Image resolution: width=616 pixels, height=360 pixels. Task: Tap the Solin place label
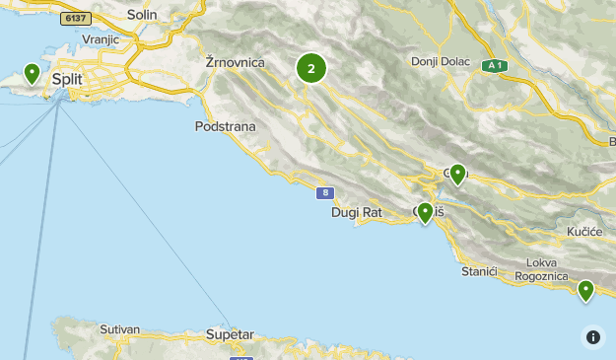pos(142,16)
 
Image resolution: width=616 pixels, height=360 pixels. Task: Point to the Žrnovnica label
pos(236,62)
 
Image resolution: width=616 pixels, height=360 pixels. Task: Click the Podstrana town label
pos(226,126)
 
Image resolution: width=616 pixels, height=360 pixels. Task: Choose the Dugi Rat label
pos(356,211)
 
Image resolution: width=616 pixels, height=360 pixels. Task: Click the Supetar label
pos(230,335)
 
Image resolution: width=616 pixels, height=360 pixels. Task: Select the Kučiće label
pos(583,230)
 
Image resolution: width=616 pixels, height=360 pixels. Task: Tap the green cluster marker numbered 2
pos(311,68)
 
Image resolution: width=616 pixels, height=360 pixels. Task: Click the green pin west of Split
pos(33,73)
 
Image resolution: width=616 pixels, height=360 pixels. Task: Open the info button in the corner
pos(593,337)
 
